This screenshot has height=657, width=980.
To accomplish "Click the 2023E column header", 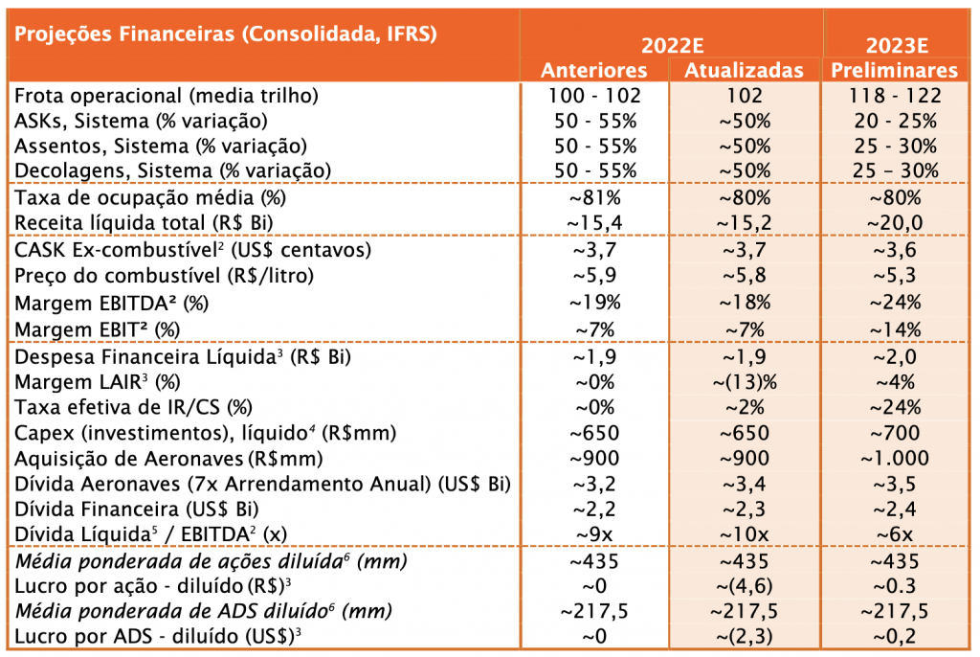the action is (896, 46).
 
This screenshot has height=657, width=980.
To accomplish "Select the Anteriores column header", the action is (593, 70).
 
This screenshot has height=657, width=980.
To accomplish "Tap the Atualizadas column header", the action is (744, 70).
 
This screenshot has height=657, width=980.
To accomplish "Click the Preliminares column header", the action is (895, 70).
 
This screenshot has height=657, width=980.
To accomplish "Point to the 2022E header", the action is (673, 46).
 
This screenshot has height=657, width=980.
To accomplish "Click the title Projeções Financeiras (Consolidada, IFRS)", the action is (226, 34).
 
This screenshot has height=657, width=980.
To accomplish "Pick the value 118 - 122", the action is (895, 96).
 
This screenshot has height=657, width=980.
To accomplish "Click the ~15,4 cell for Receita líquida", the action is (594, 223).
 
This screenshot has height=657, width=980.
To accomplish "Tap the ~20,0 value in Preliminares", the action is (895, 223).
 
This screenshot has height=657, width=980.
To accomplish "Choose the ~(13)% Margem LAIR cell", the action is (745, 382).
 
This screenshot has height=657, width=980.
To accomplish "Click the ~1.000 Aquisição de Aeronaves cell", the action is (895, 458).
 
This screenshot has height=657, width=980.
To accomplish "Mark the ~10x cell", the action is (745, 534).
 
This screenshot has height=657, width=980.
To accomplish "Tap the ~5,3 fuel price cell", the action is (895, 275).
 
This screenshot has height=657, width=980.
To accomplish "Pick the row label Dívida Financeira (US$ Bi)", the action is (136, 510).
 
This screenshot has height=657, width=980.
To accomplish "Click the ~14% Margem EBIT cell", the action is (895, 329).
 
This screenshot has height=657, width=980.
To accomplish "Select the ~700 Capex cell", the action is (895, 432).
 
